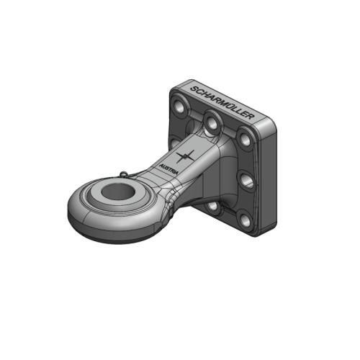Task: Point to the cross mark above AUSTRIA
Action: pos(186,156)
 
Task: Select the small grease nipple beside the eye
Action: pos(126,173)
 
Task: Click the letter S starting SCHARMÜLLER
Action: pos(192,89)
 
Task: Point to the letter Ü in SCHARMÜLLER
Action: pos(230,107)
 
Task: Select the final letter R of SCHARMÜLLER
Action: pos(256,120)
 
